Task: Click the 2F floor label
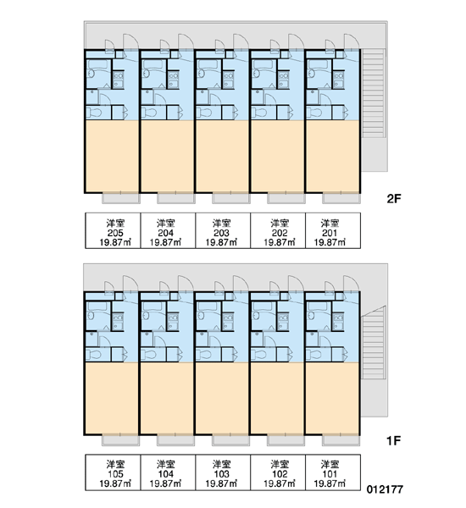click(394, 198)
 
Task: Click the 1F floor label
click(394, 440)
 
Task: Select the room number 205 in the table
click(115, 233)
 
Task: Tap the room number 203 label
click(221, 233)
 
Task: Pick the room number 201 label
click(330, 233)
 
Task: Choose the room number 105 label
click(115, 474)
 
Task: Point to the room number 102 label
click(280, 474)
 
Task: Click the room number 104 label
click(166, 474)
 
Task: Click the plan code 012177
click(385, 489)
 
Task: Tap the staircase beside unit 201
click(374, 93)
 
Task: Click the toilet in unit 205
click(94, 113)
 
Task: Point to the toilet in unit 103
click(204, 354)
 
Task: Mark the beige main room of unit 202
click(278, 156)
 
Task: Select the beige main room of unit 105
click(112, 398)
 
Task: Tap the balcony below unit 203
click(231, 198)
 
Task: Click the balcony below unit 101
click(341, 440)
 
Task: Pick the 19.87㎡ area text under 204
click(166, 242)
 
